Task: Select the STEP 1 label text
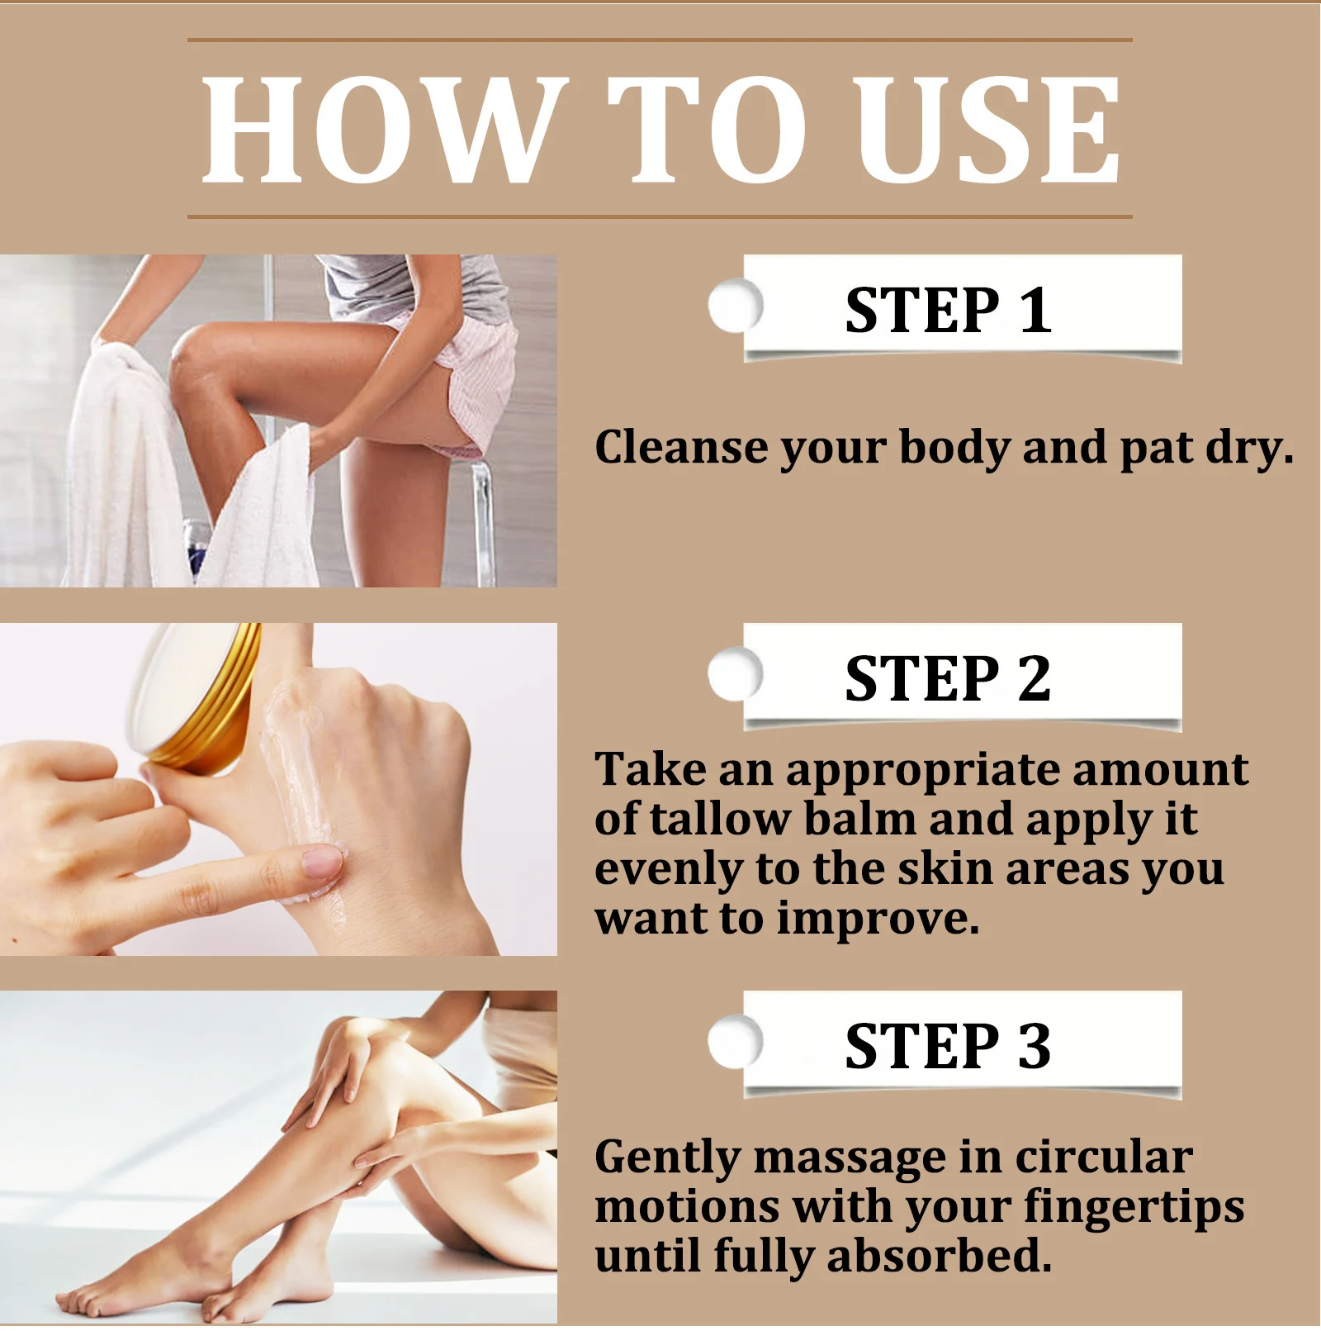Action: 948,311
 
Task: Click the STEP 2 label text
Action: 948,678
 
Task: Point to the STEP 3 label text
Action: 948,1046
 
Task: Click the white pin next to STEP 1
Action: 734,306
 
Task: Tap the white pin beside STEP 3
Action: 734,1041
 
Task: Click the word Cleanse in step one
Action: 681,447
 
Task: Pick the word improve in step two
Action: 877,918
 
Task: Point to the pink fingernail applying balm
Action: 323,863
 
